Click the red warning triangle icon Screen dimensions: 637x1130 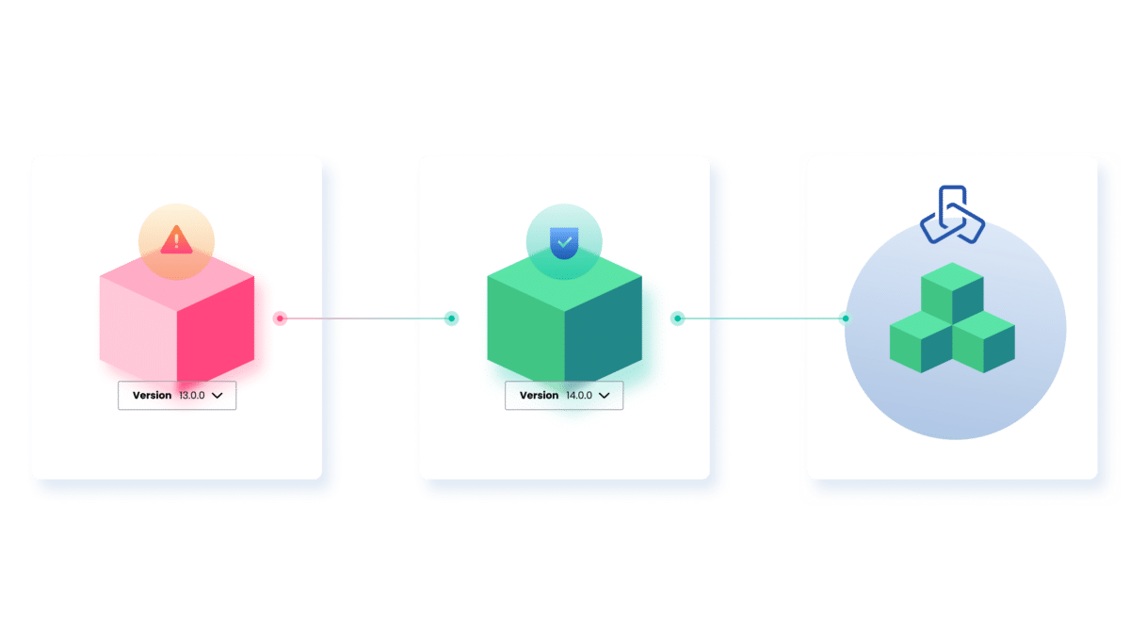click(176, 242)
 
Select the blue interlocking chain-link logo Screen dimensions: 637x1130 click(951, 216)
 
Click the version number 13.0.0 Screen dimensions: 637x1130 click(191, 396)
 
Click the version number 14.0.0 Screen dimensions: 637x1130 click(578, 396)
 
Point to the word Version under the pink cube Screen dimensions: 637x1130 click(152, 396)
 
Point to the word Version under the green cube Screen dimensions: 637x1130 click(540, 396)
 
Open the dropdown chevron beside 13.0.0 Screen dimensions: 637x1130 click(218, 396)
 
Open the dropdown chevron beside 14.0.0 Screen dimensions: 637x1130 click(605, 396)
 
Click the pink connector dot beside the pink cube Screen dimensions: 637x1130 click(280, 318)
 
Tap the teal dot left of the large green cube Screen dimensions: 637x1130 click(452, 318)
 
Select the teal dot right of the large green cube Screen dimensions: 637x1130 click(677, 318)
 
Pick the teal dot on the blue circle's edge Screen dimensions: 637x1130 click(846, 318)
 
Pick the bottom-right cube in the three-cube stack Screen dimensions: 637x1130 click(984, 340)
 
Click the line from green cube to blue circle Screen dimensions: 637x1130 click(761, 318)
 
